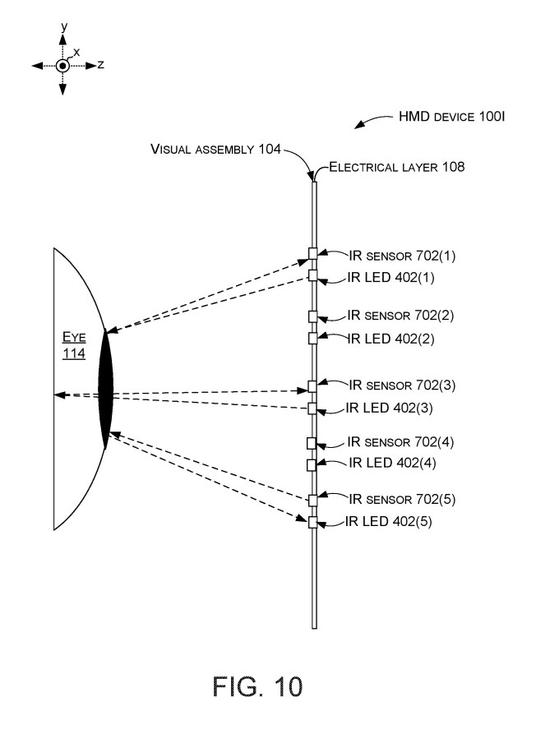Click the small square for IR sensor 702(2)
[x=312, y=316]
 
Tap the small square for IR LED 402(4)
[x=312, y=465]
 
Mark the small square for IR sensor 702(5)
[x=312, y=500]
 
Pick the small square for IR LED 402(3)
[x=312, y=408]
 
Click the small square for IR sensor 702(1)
[x=312, y=253]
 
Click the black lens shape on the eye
[x=106, y=390]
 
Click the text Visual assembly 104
[x=215, y=150]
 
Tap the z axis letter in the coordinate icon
[x=100, y=64]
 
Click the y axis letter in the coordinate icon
[x=62, y=27]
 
